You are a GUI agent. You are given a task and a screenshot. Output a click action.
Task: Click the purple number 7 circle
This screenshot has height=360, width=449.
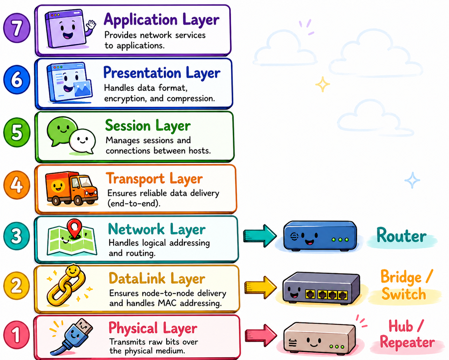17,28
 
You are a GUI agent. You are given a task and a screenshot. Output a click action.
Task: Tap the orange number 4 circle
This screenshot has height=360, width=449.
17,185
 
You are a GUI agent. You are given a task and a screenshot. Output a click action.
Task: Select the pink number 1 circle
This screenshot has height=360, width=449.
16,335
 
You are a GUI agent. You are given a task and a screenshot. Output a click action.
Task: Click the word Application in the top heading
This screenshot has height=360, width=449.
140,20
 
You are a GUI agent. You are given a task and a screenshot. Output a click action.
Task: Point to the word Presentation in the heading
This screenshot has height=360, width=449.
142,73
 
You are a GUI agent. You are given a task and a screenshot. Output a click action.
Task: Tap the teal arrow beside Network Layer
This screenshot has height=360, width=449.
259,236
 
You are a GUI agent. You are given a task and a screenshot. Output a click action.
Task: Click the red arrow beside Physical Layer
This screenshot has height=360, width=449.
261,335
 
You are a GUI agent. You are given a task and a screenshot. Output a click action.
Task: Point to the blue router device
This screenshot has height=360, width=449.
320,235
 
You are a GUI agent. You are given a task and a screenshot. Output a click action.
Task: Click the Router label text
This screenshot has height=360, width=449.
401,236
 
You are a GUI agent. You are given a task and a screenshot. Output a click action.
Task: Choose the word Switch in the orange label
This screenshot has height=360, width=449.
403,294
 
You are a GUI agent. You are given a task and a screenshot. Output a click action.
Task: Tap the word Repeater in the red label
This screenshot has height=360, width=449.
407,342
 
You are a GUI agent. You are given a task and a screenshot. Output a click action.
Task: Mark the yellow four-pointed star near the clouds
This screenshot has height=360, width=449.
322,84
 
